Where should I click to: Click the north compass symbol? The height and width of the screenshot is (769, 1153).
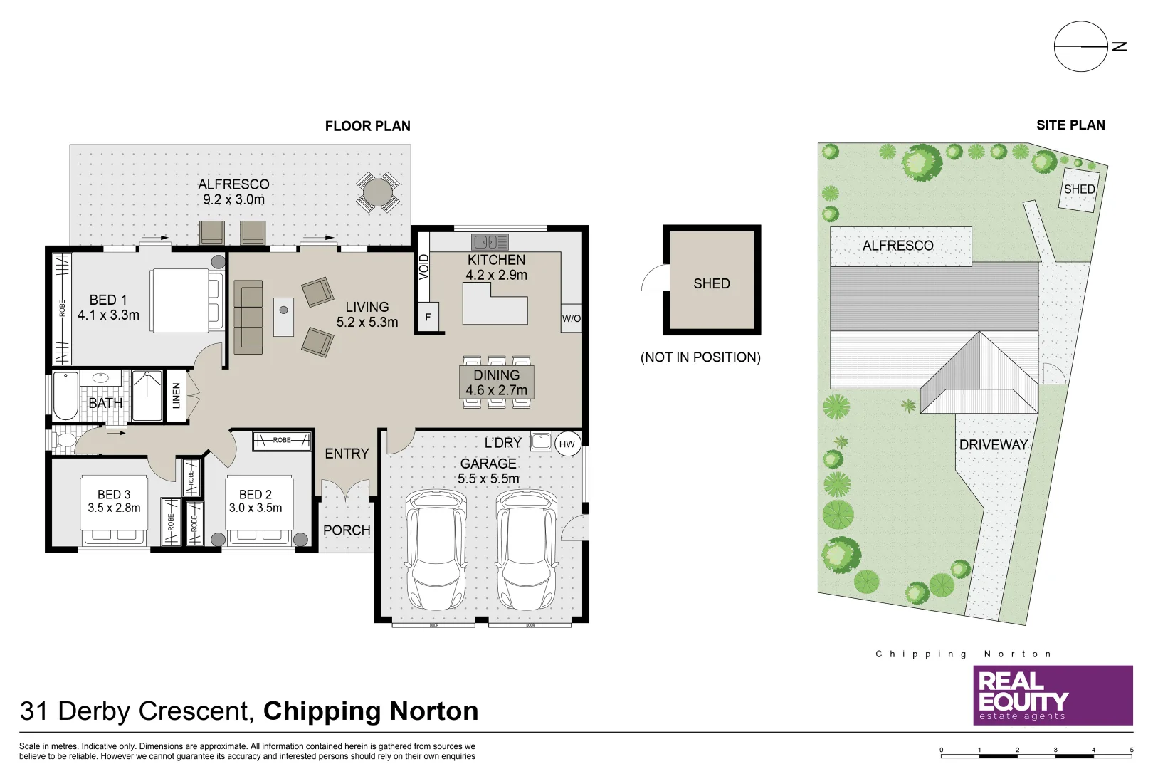tap(1081, 46)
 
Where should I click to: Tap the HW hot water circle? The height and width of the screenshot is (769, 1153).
tap(567, 444)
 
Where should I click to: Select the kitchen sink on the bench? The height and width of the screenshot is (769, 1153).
tap(490, 242)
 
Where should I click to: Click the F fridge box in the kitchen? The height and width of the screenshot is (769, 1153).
tap(428, 318)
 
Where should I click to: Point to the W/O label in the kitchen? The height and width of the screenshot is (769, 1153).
tap(571, 318)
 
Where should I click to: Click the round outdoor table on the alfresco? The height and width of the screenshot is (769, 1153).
tap(377, 192)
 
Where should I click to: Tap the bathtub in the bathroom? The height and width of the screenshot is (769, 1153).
tap(65, 396)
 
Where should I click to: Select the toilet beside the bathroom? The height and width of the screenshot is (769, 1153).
tap(65, 440)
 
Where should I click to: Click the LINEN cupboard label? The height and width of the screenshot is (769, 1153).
tap(177, 396)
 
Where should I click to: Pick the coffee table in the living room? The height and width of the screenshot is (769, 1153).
tap(283, 317)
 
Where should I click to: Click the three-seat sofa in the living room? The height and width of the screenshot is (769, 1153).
tap(248, 318)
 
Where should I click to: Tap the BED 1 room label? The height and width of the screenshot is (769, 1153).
tap(108, 308)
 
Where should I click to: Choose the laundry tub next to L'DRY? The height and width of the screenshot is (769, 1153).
tap(541, 441)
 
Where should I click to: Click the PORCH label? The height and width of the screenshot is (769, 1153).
tap(347, 530)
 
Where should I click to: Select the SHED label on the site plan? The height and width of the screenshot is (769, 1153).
tap(1079, 189)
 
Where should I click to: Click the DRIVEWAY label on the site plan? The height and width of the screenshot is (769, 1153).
tap(994, 445)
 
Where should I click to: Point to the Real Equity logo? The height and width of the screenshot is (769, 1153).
tap(1053, 696)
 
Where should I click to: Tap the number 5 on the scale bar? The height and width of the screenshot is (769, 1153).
tap(1132, 750)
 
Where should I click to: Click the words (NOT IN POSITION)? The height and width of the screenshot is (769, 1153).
tap(700, 357)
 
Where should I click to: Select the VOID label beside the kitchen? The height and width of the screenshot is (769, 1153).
tap(424, 267)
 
